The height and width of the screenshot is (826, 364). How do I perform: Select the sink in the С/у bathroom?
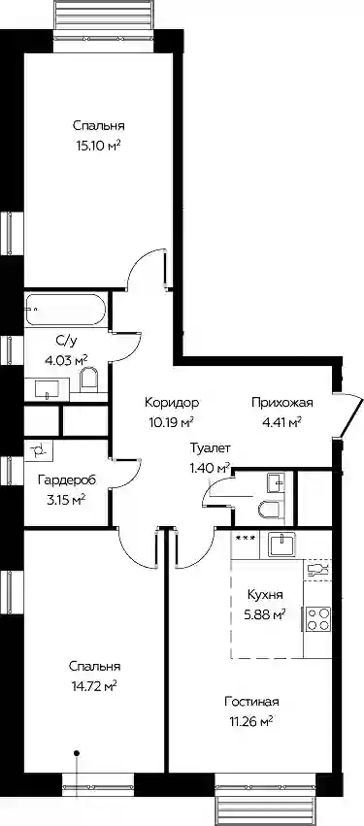point(48,390)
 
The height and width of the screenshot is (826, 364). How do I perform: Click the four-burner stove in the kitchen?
point(317,619)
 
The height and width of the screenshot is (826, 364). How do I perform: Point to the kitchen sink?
point(281,545)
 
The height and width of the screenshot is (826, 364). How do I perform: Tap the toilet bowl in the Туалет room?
point(269,510)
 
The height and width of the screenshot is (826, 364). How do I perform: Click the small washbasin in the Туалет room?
point(276,482)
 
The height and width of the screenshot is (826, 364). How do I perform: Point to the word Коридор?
point(172,404)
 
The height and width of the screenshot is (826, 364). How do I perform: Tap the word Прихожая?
point(282,404)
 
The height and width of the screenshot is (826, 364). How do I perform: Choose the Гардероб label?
point(67,480)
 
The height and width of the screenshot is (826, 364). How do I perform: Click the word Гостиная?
point(251,702)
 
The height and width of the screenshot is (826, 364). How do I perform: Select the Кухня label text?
point(266,595)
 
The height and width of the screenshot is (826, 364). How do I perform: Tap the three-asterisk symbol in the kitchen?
point(246,538)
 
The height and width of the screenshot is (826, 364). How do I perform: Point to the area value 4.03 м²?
point(66,361)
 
